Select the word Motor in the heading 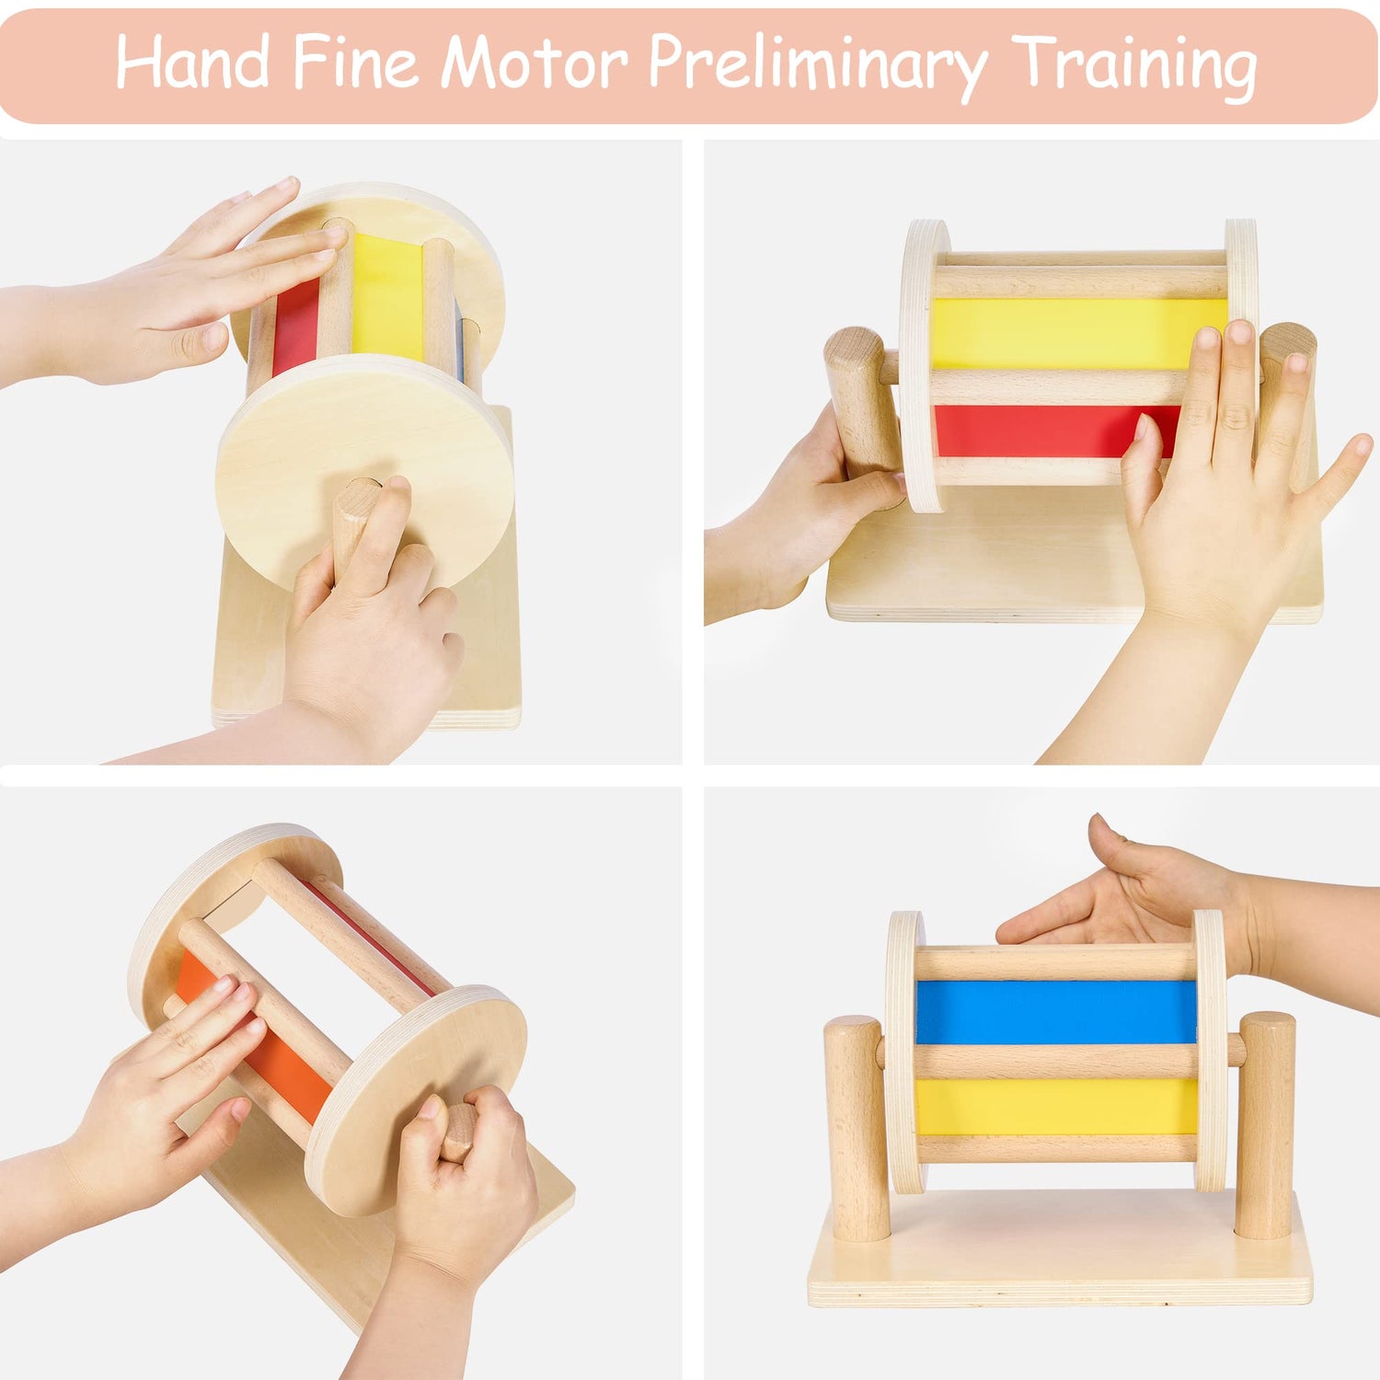tap(534, 63)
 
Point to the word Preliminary tap(818, 66)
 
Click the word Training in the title tap(1134, 66)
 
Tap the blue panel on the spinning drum tap(1056, 1012)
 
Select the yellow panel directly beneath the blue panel tap(1056, 1107)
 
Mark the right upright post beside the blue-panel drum tap(1265, 1124)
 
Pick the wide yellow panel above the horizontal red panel tap(1078, 333)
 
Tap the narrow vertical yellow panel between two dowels tap(388, 296)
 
